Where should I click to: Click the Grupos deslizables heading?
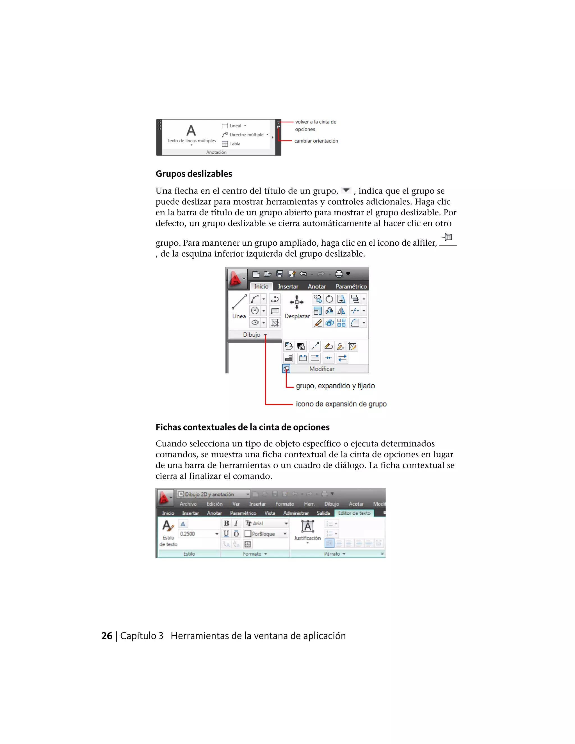[x=193, y=174]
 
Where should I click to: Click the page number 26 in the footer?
[x=107, y=636]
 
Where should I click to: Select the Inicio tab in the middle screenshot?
[x=261, y=286]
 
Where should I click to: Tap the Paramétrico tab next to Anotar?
[x=351, y=286]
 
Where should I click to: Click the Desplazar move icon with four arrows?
[x=297, y=302]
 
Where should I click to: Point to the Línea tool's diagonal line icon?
[x=239, y=302]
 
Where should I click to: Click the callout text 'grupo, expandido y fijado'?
[x=335, y=386]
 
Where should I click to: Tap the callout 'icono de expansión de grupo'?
[x=341, y=404]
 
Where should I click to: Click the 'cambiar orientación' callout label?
[x=316, y=141]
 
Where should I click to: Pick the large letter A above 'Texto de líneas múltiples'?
[x=191, y=131]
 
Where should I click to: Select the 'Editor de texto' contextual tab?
[x=354, y=513]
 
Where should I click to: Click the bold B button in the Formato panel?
[x=227, y=523]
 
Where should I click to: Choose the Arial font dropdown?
[x=267, y=523]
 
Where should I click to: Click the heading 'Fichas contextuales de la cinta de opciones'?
[x=243, y=427]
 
